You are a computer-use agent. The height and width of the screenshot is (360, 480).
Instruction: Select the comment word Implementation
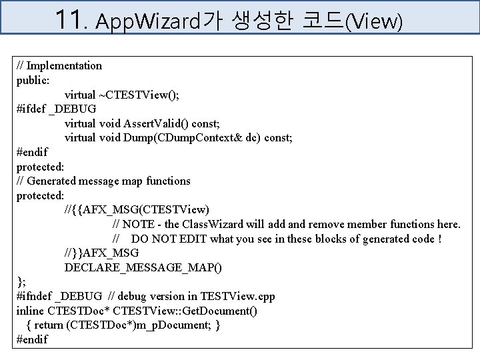[64, 65]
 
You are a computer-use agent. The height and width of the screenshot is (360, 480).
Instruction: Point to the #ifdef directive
[30, 109]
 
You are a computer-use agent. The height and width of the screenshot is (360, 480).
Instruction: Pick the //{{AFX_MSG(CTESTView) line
[137, 210]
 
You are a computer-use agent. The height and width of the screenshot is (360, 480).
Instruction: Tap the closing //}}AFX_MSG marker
[102, 253]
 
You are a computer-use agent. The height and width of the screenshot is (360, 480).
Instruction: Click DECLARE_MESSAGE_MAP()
[143, 268]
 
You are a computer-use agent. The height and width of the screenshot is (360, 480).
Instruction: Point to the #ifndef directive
[33, 297]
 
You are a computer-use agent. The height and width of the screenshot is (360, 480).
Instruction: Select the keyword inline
[31, 311]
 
